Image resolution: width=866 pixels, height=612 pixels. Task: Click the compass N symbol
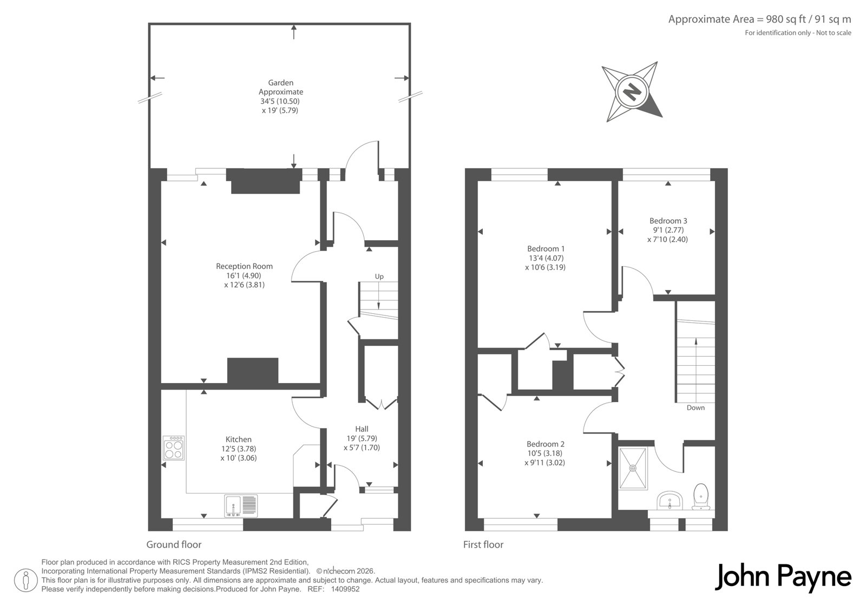pos(632,92)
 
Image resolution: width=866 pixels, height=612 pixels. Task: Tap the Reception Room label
pos(244,266)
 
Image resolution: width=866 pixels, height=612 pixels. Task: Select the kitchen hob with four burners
pos(174,448)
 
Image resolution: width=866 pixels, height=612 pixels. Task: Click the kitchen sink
pos(240,506)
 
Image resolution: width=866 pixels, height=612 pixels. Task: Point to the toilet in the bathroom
pos(701,496)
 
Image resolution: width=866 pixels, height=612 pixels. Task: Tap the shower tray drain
pos(633,468)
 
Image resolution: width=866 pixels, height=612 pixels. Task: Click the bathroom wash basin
pos(670,501)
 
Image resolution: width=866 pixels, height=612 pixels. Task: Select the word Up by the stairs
pos(379,277)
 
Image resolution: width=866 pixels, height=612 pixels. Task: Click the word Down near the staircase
pos(696,407)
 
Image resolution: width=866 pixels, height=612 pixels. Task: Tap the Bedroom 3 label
pos(668,221)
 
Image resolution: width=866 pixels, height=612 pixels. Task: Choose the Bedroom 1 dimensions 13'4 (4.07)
pos(546,258)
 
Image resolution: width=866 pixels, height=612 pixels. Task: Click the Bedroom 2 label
pos(545,444)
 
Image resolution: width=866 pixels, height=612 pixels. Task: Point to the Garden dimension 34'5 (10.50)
pos(280,101)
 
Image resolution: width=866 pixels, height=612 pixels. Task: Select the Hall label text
pos(362,429)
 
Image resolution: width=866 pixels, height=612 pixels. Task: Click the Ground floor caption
pos(174,544)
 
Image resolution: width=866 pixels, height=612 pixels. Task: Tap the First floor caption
pos(483,544)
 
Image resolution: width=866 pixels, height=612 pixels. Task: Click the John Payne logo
pos(783,577)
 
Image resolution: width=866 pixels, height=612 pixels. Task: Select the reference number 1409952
pos(345,589)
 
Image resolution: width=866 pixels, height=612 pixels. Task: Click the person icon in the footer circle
pos(26,580)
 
